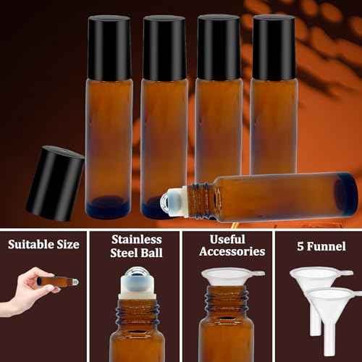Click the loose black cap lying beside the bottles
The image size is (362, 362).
point(55,183)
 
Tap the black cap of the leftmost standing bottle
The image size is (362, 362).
point(109,48)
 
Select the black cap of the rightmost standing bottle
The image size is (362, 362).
point(273,48)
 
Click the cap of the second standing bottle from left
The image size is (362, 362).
point(164,48)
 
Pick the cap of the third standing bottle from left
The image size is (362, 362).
point(219,48)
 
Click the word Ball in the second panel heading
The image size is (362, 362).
point(151,253)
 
